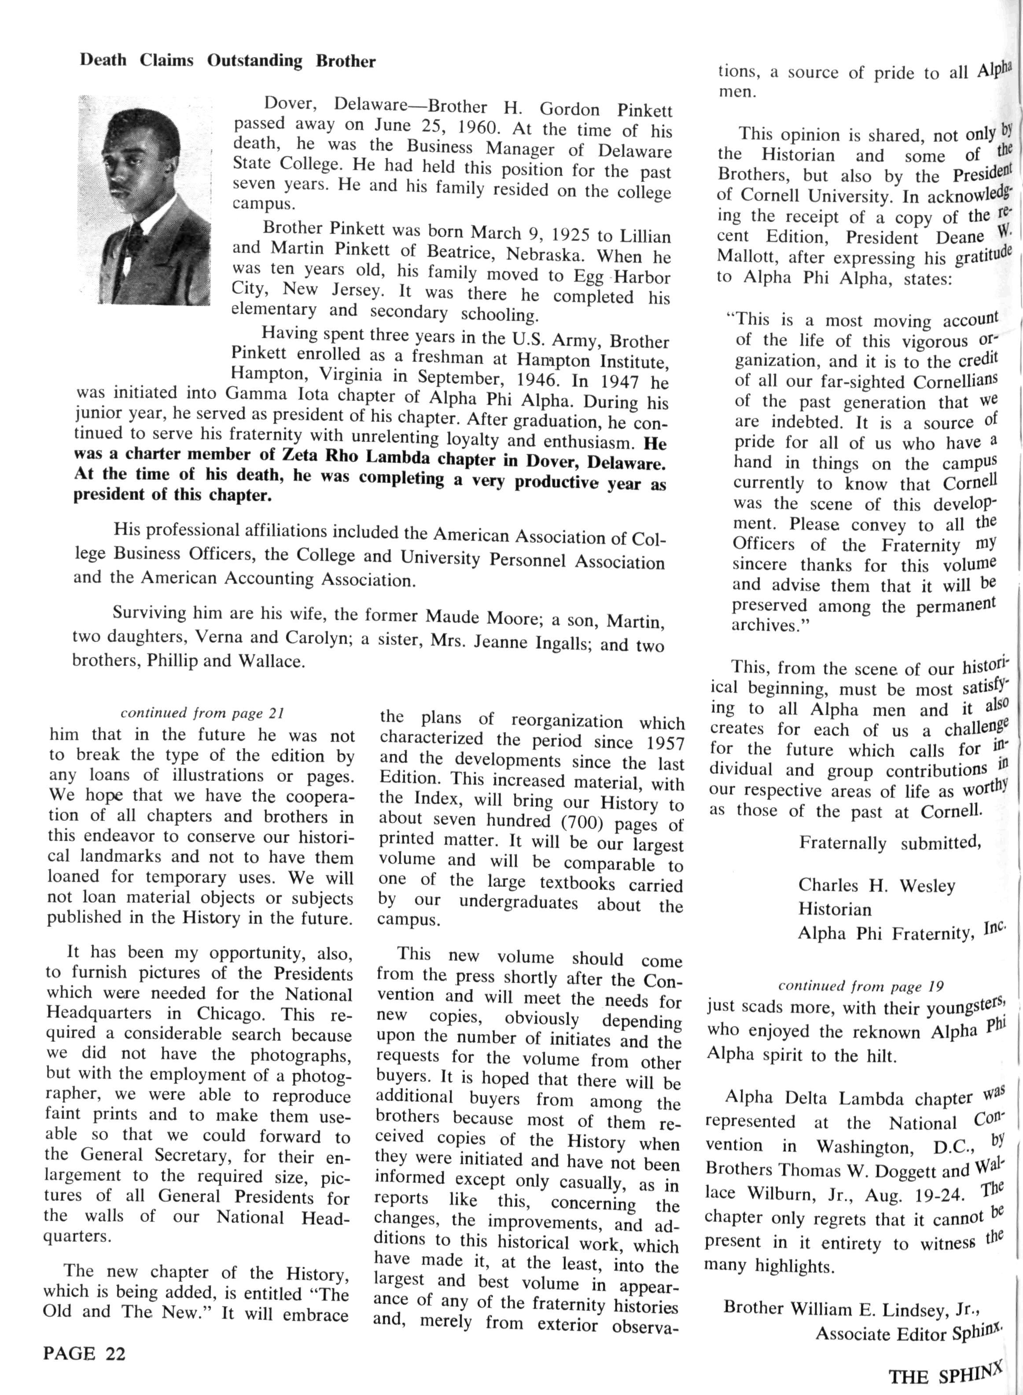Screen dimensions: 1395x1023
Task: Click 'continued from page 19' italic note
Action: pyautogui.click(x=860, y=986)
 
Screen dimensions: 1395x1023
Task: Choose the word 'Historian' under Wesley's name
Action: pyautogui.click(x=834, y=909)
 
